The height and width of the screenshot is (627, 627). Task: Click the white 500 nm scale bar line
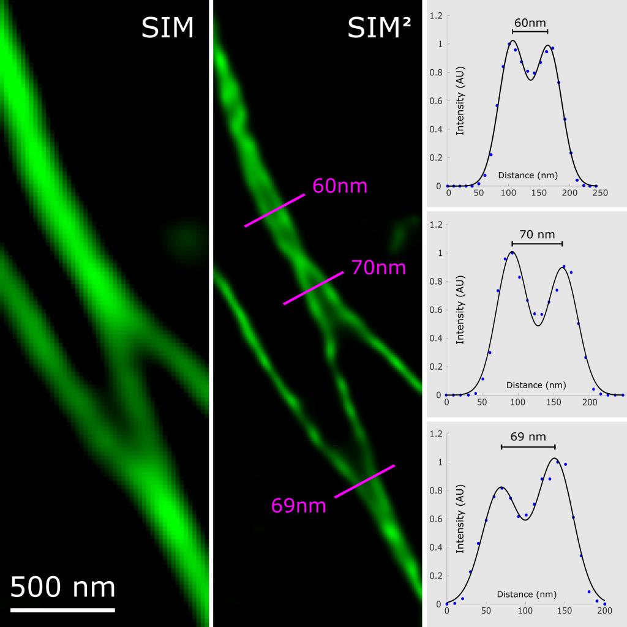click(62, 610)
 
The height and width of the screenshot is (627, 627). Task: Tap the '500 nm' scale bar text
click(63, 587)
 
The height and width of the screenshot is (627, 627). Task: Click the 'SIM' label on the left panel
click(167, 28)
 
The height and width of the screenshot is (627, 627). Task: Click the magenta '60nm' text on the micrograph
click(340, 186)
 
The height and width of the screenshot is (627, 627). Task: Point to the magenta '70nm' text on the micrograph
click(378, 268)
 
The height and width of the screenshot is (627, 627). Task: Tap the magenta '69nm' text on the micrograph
click(299, 506)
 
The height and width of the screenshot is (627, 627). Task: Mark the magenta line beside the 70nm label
click(313, 288)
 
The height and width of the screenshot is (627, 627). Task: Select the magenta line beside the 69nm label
click(364, 481)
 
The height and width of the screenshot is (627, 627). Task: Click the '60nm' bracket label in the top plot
click(530, 23)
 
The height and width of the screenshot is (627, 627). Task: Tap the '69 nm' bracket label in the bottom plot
click(528, 437)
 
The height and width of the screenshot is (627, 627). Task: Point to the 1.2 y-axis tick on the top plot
click(435, 16)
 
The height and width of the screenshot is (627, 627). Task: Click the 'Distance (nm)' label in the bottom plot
click(527, 594)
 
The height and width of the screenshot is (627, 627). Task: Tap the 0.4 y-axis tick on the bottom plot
click(435, 547)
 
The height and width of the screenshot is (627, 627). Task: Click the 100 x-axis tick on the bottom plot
click(525, 612)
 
